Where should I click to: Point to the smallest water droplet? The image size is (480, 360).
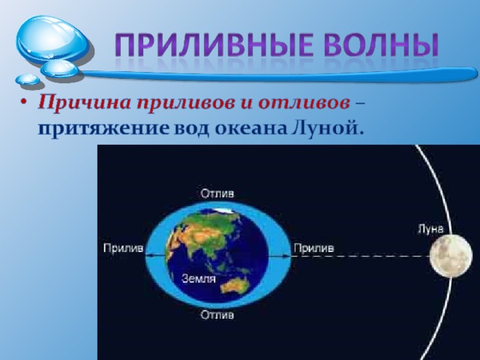tap(27, 79)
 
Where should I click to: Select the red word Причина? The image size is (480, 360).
tap(85, 103)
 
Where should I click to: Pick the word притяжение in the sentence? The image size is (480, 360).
tap(103, 129)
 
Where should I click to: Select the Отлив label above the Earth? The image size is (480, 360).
tap(217, 193)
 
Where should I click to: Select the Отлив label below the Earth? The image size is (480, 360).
tap(217, 314)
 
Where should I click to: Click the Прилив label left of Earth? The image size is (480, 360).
tap(123, 248)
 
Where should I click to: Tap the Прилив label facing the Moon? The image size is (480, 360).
tap(313, 248)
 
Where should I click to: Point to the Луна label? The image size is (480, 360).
tap(430, 229)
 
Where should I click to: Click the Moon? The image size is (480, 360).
tap(451, 256)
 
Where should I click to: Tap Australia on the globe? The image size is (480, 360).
tap(235, 285)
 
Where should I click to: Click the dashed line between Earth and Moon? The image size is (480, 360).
tap(361, 256)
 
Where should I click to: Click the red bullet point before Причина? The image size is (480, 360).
tap(24, 102)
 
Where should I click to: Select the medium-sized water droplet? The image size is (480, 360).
tap(60, 68)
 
